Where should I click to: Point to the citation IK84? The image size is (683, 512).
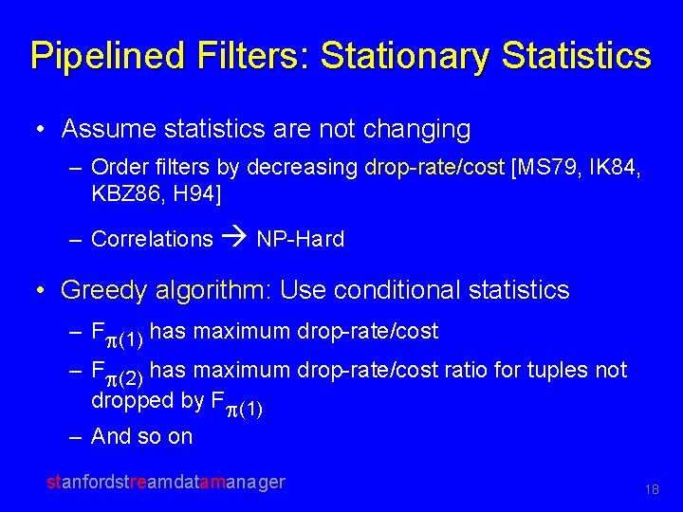[611, 169]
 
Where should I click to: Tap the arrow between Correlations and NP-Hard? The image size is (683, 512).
[234, 239]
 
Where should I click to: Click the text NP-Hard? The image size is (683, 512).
[300, 239]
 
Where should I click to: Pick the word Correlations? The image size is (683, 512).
[152, 239]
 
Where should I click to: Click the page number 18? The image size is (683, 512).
[651, 489]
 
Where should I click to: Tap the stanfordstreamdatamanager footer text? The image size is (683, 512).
[166, 482]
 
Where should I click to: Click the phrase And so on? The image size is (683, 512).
[141, 436]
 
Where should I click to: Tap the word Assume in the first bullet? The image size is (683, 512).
[102, 128]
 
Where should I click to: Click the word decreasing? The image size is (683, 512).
[303, 169]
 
